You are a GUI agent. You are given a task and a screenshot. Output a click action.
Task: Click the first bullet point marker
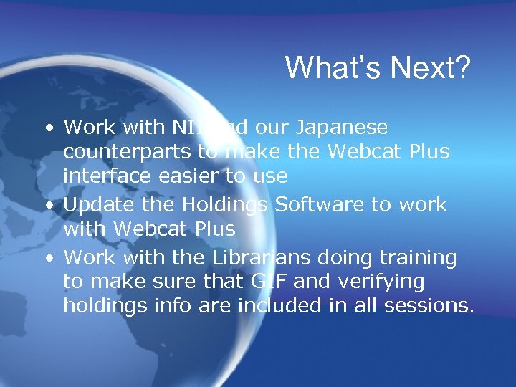(x=47, y=129)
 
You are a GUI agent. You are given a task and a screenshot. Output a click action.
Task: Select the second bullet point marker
(x=47, y=206)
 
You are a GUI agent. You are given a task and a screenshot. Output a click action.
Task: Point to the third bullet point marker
(x=47, y=258)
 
